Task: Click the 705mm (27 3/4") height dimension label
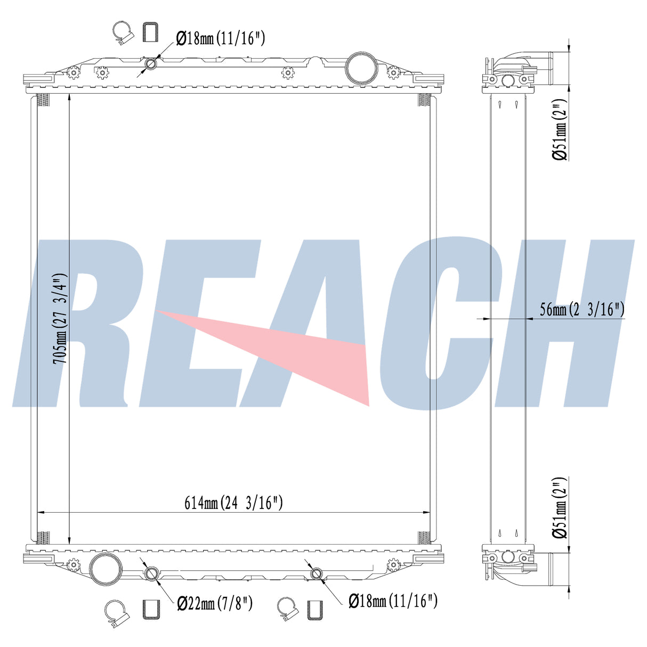(x=60, y=319)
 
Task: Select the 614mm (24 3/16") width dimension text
(x=233, y=503)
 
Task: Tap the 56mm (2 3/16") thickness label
(x=582, y=309)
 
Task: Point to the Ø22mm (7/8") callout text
(x=215, y=604)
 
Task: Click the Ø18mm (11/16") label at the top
(x=221, y=38)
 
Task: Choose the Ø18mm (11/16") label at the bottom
(x=393, y=601)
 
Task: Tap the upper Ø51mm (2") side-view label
(x=560, y=130)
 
